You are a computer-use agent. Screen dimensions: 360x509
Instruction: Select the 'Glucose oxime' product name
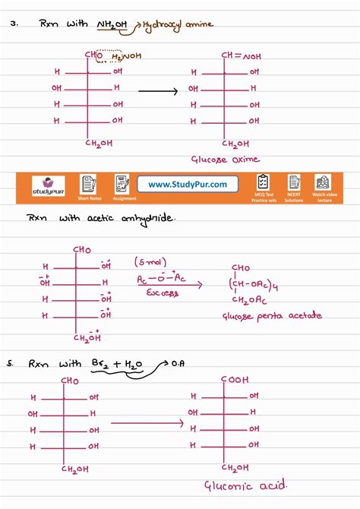point(226,160)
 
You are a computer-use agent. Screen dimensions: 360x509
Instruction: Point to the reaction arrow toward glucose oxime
point(157,90)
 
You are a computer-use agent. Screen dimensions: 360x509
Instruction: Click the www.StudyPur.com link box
point(188,185)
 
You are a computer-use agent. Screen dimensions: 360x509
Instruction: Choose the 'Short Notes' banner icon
point(89,185)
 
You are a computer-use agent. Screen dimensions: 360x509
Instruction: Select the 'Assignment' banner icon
point(123,185)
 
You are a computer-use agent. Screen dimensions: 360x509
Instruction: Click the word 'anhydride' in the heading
point(151,219)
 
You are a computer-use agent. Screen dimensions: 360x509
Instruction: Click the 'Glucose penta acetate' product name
point(271,315)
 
